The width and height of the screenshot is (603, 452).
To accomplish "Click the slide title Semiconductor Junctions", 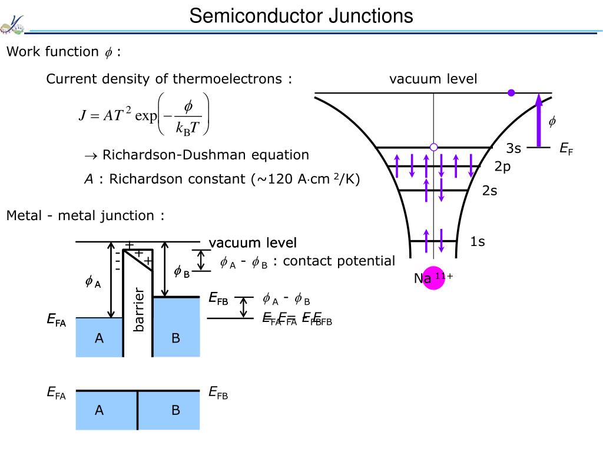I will pyautogui.click(x=301, y=16).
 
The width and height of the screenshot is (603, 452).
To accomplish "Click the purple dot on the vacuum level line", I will pyautogui.click(x=511, y=92).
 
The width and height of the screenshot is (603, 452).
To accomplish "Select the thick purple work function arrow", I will pyautogui.click(x=538, y=120).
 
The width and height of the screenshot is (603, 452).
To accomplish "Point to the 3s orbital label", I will pyautogui.click(x=513, y=148).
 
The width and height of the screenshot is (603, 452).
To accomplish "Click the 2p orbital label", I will pyautogui.click(x=502, y=167).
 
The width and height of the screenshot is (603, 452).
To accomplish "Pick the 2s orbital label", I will pyautogui.click(x=490, y=191).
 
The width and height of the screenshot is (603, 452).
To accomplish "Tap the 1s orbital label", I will pyautogui.click(x=478, y=241).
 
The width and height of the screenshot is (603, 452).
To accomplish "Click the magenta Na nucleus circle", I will pyautogui.click(x=433, y=278).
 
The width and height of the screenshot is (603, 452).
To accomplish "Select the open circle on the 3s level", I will pyautogui.click(x=434, y=147).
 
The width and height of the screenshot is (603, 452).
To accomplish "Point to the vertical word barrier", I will pyautogui.click(x=139, y=310).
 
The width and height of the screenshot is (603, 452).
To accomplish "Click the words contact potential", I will pyautogui.click(x=339, y=261).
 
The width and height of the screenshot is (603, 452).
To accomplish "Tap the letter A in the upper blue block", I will pyautogui.click(x=100, y=338).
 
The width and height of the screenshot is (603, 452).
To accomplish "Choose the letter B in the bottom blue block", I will pyautogui.click(x=175, y=410).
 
